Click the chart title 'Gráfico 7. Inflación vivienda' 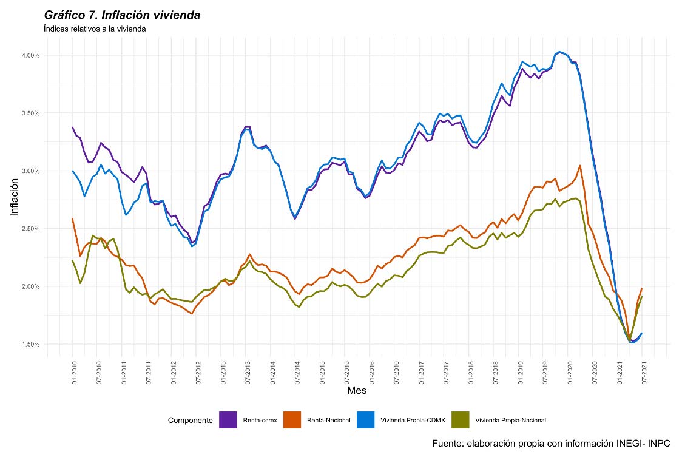pyautogui.click(x=122, y=15)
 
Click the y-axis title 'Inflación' pyautogui.click(x=15, y=200)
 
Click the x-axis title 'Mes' pyautogui.click(x=356, y=391)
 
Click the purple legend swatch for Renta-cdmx pyautogui.click(x=228, y=420)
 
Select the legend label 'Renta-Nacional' pyautogui.click(x=328, y=420)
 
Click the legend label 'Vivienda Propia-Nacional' pyautogui.click(x=510, y=420)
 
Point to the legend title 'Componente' pyautogui.click(x=190, y=420)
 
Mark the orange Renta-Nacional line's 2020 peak pyautogui.click(x=580, y=165)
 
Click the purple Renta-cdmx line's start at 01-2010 pyautogui.click(x=73, y=127)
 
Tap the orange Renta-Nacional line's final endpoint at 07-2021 pyautogui.click(x=642, y=289)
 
